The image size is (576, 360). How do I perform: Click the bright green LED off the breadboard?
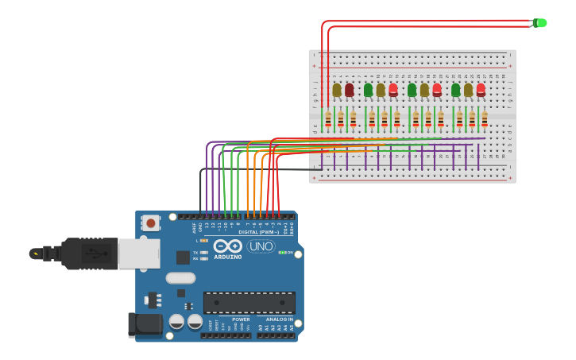[x=540, y=23]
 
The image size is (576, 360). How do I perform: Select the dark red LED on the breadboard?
[x=350, y=90]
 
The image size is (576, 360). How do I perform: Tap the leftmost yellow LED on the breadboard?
[x=337, y=90]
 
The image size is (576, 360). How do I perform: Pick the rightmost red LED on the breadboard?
[x=481, y=90]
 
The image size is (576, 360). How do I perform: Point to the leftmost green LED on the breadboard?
[x=369, y=90]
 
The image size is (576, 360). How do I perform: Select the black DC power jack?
[x=145, y=323]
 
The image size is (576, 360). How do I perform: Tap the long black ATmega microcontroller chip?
[x=249, y=303]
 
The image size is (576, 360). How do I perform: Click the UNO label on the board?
[x=261, y=246]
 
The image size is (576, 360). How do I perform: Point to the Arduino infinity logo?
[x=227, y=246]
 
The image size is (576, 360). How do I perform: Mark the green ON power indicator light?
[x=281, y=253]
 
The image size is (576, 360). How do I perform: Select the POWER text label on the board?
[x=240, y=319]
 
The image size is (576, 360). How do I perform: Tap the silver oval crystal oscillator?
[x=180, y=278]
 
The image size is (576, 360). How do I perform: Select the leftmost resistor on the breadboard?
[x=328, y=119]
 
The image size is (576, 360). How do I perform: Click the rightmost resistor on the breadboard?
[x=485, y=119]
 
